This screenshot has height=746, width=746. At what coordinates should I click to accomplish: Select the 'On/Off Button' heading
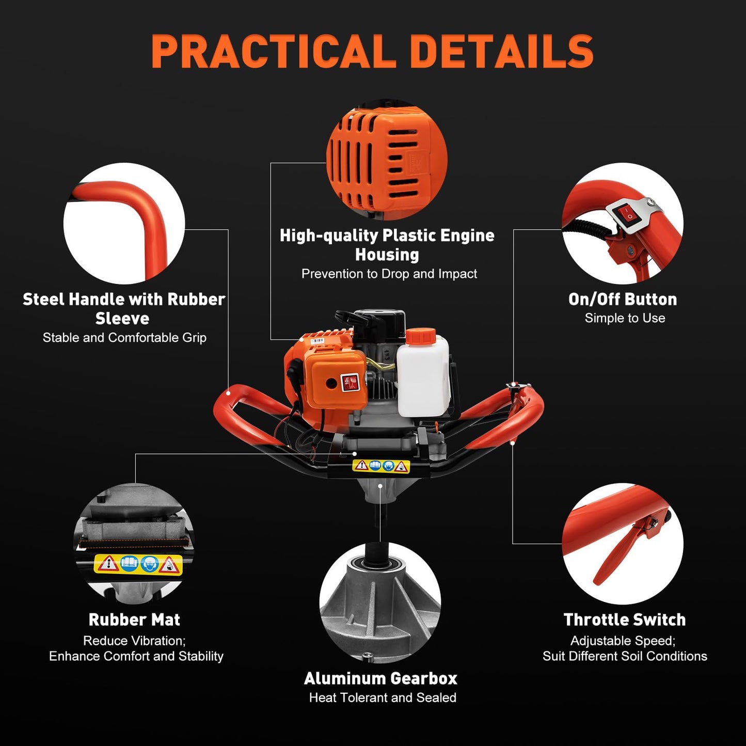pos(622,299)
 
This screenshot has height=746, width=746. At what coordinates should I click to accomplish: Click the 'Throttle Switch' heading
pos(624,620)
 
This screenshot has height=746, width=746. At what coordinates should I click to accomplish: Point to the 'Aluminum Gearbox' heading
pos(380,678)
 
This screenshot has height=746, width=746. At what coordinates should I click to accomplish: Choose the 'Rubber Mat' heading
pos(134,620)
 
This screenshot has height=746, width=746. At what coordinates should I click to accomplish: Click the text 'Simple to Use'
pos(625,318)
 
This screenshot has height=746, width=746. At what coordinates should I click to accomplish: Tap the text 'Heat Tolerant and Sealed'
pos(383,697)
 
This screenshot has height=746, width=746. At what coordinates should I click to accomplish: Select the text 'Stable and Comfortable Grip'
pos(124,338)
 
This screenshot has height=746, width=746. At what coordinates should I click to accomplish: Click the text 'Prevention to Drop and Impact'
pos(389,274)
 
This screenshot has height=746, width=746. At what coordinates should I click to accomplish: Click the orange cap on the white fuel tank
pos(421,336)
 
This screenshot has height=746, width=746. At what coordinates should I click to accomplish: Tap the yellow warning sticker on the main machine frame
pos(381,466)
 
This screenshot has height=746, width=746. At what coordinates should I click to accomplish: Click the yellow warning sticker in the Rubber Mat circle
pos(138,564)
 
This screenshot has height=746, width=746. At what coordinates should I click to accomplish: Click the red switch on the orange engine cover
pos(350,383)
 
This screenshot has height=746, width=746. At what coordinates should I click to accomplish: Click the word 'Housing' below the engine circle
pos(387,255)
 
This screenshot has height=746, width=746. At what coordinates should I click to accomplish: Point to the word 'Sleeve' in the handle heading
pos(122,319)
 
